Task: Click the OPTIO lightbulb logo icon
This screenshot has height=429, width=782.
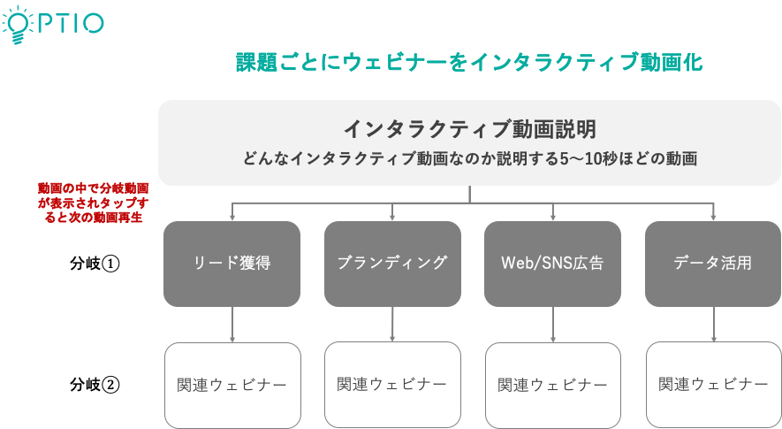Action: tap(17, 25)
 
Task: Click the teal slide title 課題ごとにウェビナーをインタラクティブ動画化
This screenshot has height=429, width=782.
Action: tap(469, 63)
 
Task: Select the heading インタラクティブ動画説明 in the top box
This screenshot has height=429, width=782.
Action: tap(469, 129)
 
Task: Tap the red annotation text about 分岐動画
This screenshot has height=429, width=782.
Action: tap(94, 203)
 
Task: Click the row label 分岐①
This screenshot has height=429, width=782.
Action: tap(95, 264)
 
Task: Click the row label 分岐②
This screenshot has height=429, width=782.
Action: tap(95, 385)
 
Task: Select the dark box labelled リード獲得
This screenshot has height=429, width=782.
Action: tap(232, 264)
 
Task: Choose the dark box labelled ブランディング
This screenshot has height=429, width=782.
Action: tap(392, 264)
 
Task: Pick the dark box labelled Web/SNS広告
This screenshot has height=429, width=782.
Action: tap(552, 264)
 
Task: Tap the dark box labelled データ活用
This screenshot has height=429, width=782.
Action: tap(713, 264)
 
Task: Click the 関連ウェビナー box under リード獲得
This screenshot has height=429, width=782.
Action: tap(232, 385)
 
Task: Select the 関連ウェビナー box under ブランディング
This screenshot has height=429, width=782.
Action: tap(392, 385)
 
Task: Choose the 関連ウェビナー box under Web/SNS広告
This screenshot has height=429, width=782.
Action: tap(553, 385)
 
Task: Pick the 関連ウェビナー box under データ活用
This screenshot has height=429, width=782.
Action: tap(714, 385)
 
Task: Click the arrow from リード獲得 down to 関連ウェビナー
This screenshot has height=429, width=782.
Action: tap(232, 324)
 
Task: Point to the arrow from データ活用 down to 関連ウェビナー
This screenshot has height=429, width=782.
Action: tap(714, 324)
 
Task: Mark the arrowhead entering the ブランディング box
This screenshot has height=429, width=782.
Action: tap(392, 218)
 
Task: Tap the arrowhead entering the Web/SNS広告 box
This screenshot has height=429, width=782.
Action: tap(552, 218)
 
